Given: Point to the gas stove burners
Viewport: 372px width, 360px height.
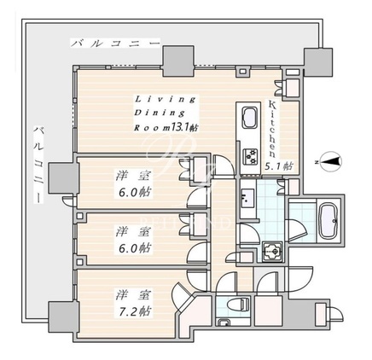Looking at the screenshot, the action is coord(250,157).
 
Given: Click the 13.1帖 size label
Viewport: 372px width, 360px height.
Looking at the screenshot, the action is coord(184,127).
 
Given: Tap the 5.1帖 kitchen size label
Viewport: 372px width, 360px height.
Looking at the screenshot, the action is coord(279,165).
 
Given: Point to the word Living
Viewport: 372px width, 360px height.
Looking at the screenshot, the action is coord(166,99).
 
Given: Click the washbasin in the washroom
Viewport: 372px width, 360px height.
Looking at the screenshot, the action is coord(247,198).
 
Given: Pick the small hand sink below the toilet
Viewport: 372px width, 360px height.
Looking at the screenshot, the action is coord(224,322).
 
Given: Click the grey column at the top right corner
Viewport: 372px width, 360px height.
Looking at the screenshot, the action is coord(318,62).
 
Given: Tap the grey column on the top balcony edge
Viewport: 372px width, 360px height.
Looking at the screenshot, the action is coord(178,61).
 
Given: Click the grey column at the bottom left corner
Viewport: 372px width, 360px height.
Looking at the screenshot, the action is coord(64,316).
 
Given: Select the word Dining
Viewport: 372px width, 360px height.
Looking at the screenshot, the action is coord(159,113).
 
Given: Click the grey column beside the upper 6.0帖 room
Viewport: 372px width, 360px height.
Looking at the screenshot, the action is coord(64,178).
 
